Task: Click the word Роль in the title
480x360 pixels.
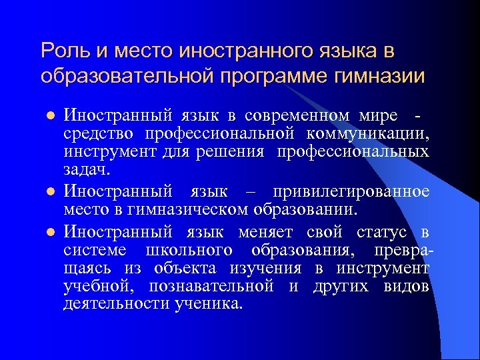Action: point(61,50)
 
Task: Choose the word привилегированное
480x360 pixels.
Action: point(351,191)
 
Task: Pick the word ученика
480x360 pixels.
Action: point(215,305)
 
